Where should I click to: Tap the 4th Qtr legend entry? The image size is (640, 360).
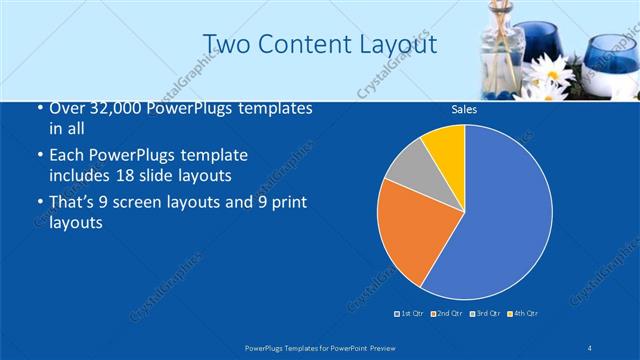tap(521, 314)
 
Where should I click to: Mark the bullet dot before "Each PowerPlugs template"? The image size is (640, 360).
tap(39, 157)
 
